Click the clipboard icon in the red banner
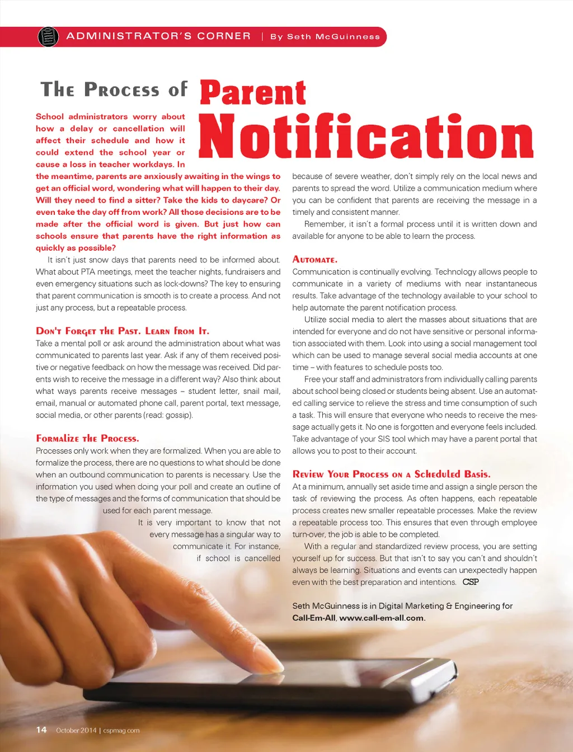pos(48,37)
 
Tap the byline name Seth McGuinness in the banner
pos(333,37)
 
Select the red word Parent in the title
pos(253,93)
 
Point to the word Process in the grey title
pos(121,90)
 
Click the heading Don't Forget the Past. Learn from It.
pos(123,331)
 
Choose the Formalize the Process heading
pos(87,438)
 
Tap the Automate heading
pos(314,260)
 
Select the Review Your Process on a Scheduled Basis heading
pos(391,474)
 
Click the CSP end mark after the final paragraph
pos(471,582)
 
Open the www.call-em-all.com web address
pos(382,618)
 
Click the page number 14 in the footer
pos(41,730)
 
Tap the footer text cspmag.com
pos(121,730)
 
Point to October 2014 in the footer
pos(76,730)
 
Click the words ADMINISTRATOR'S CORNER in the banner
pos(158,36)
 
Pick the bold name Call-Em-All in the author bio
pos(314,618)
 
